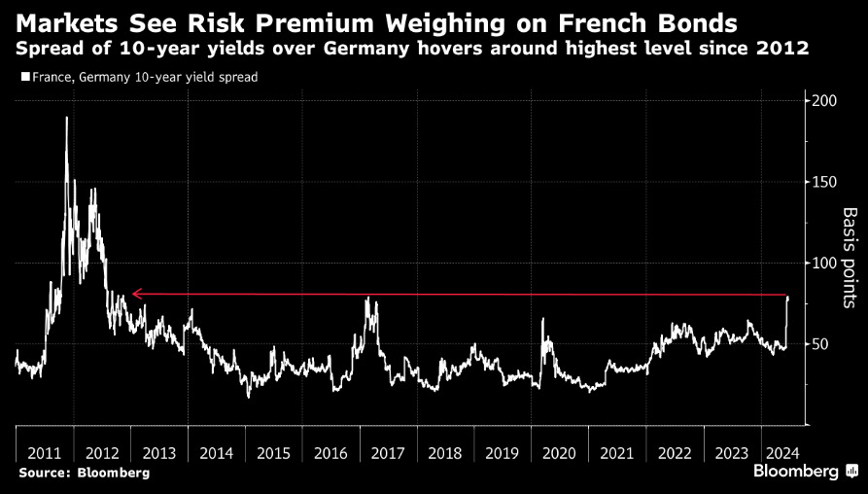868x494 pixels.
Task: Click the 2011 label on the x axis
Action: pos(45,452)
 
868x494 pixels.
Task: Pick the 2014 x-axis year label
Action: pos(216,452)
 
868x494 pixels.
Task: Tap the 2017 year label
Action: pos(388,452)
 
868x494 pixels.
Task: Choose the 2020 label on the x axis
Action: pos(560,452)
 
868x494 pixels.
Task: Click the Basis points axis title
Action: pos(849,257)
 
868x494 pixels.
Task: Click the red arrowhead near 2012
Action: pos(137,293)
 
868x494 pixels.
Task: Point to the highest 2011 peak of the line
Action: pos(67,118)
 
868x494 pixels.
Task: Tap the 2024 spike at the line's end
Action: pos(787,297)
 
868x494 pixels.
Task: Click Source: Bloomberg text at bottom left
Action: pos(84,473)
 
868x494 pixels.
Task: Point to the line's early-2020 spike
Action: pos(543,319)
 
